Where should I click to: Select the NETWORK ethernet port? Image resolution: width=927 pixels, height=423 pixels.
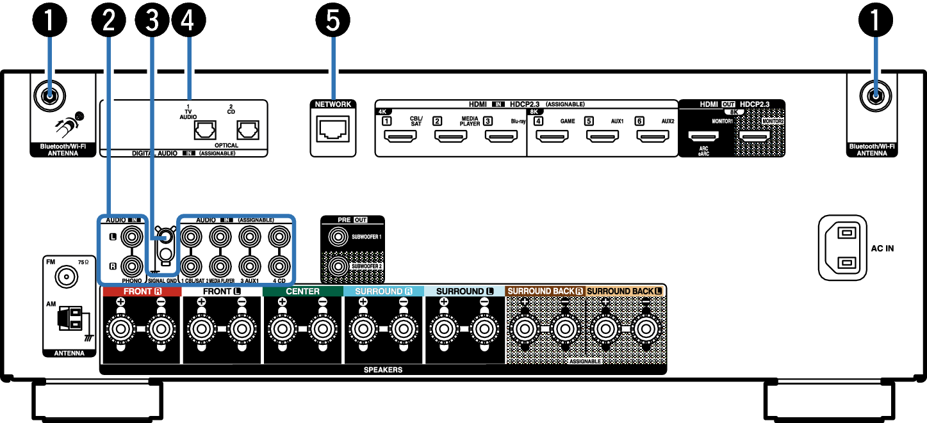(x=332, y=130)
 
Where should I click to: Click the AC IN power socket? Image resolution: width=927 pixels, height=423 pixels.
(x=842, y=247)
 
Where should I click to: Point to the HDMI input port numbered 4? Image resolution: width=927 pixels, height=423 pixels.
(x=552, y=136)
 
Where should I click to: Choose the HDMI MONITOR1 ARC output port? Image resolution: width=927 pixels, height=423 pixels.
(x=703, y=136)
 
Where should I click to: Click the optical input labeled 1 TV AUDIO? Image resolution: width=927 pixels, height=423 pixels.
(x=204, y=131)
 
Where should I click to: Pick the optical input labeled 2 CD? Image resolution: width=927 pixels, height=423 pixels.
(x=247, y=131)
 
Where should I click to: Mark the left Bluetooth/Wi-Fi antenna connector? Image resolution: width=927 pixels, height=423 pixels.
(x=48, y=97)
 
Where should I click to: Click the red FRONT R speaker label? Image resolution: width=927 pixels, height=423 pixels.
(x=142, y=291)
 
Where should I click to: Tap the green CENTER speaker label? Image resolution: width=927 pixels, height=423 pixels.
(x=302, y=291)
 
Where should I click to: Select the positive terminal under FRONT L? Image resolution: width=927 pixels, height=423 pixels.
(x=201, y=330)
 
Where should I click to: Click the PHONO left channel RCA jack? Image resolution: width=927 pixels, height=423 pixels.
(x=131, y=237)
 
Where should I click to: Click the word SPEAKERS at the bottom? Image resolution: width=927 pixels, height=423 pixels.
(x=383, y=370)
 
